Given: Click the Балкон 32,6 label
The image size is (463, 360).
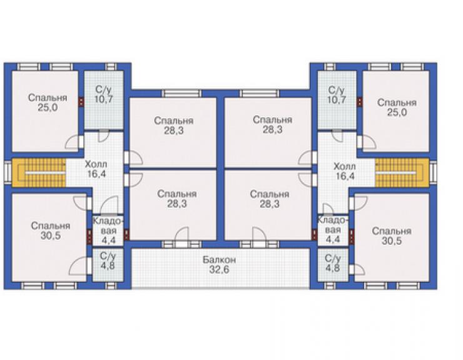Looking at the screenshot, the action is point(219,265).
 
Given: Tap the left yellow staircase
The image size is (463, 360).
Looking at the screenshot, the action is point(39,173).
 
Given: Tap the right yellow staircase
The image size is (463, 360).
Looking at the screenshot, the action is point(402,173).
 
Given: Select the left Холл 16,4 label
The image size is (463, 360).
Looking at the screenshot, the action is point(96,169).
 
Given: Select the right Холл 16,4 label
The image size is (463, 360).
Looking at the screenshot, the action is point(345,171).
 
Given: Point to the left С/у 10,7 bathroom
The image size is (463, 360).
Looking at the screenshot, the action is point(104,100).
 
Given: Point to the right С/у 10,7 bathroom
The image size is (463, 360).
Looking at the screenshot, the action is point(337,100).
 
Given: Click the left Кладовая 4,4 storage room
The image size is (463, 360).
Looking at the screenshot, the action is point(108,230).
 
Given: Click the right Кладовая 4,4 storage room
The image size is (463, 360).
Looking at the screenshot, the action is point(333,230).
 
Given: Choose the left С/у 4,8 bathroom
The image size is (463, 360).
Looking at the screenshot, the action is point(108,265).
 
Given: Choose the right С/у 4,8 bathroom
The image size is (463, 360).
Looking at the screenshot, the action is point(333,265).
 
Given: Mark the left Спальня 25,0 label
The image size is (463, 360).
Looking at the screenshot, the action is point(48,103).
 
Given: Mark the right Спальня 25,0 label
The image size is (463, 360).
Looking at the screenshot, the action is point(397,107).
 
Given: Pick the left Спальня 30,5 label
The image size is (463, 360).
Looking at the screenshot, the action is point(51,231).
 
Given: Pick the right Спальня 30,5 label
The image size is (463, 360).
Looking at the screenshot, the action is point(392,236).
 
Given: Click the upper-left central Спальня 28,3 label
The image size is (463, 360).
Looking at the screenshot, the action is point(174,125).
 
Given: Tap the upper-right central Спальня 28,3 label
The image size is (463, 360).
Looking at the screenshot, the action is point(273,125).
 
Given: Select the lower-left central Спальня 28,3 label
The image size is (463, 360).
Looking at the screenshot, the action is point(177,198).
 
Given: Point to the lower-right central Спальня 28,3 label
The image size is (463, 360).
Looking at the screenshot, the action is point(269,199).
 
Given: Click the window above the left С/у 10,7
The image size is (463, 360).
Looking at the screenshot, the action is point(110,67).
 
